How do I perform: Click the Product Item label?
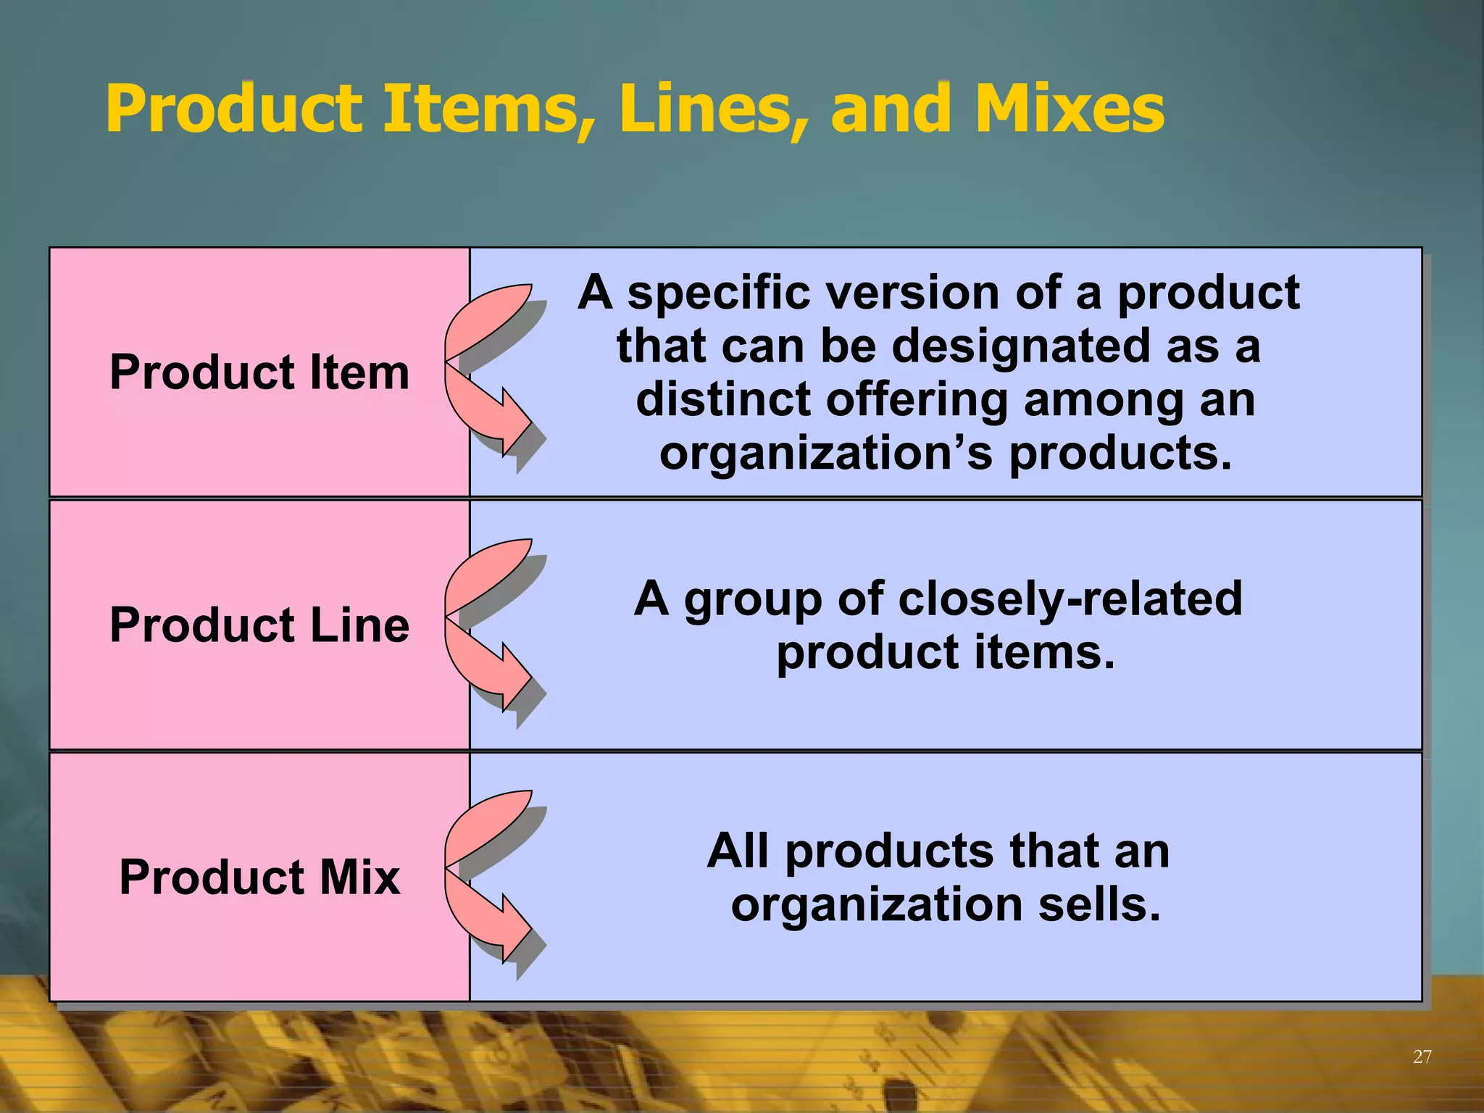point(259,372)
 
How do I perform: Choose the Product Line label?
point(259,625)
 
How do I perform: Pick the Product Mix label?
point(259,877)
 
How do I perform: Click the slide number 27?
point(1422,1056)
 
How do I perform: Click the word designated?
point(1020,346)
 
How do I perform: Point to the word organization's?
point(826,454)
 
